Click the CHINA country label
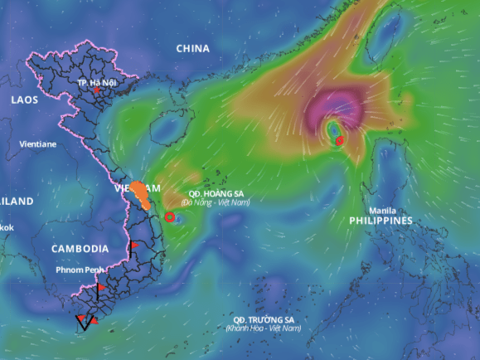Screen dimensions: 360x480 click(x=192, y=48)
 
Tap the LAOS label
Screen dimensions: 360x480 click(x=25, y=100)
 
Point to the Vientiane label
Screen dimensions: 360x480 click(x=38, y=144)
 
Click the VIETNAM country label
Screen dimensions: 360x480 click(x=137, y=188)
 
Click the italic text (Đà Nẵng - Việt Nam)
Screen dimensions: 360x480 click(x=216, y=202)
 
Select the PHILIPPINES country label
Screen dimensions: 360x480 click(x=381, y=221)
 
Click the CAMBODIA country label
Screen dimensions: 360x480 click(x=80, y=249)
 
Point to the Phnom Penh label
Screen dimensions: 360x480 click(x=80, y=270)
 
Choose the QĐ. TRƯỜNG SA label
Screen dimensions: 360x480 click(x=264, y=319)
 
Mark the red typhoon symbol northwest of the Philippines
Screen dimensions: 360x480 click(x=340, y=141)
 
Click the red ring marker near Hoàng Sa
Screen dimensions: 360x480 click(x=170, y=216)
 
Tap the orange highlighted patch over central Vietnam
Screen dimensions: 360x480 click(x=143, y=192)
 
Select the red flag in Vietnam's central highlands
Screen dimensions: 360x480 click(x=133, y=246)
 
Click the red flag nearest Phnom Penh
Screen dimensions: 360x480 click(x=100, y=288)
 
